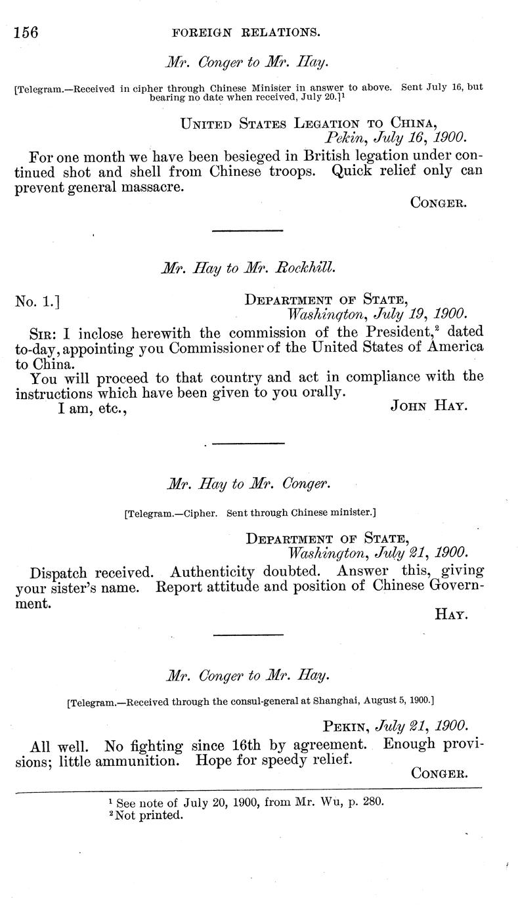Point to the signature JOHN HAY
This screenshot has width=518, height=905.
tap(428, 406)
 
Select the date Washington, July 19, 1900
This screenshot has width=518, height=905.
tap(378, 314)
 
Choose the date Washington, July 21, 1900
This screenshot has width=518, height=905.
tap(378, 553)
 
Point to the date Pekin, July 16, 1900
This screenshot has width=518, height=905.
tap(395, 138)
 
